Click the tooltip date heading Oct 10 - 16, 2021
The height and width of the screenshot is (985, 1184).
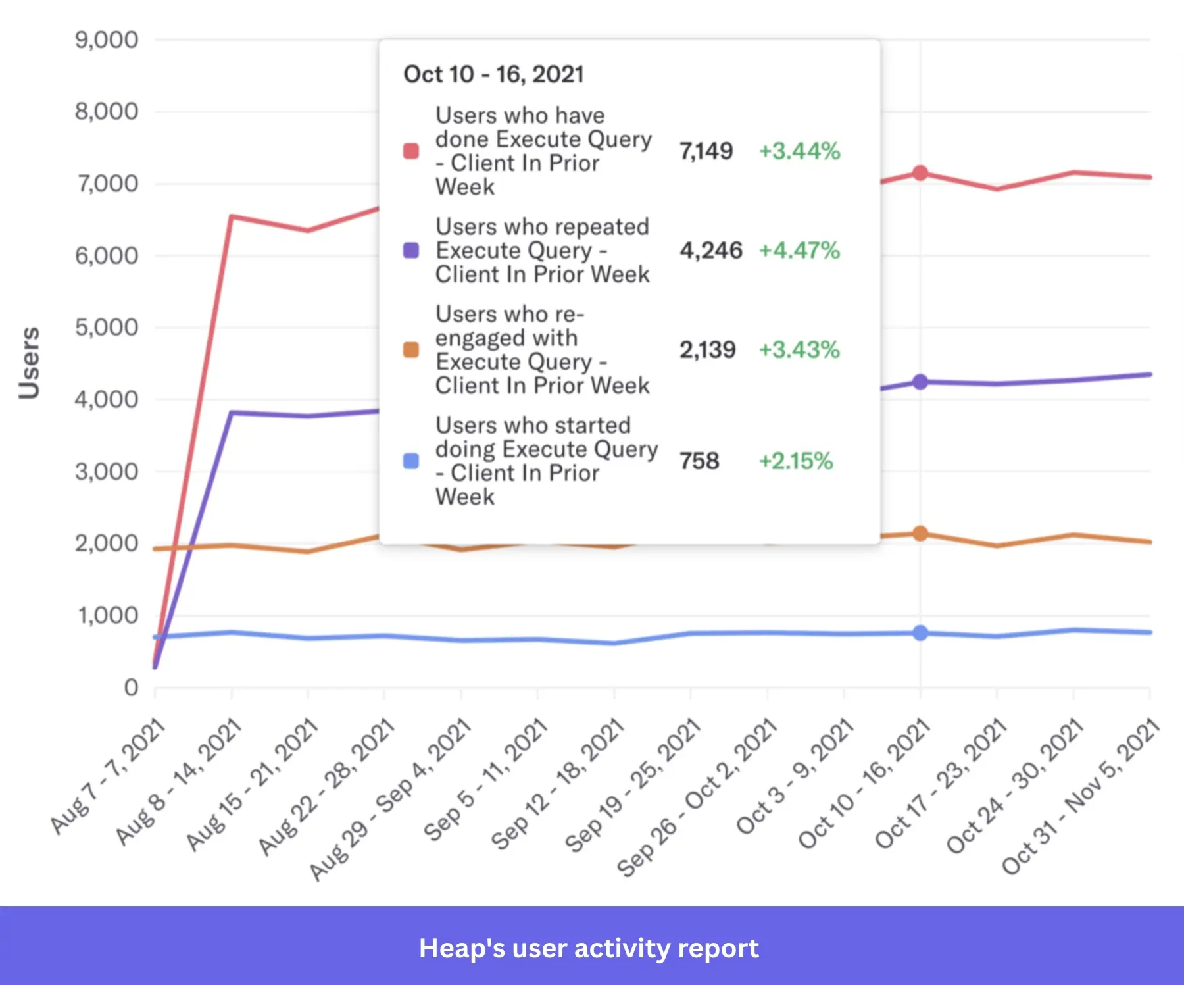[x=493, y=74]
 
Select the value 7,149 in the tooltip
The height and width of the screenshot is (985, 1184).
[x=706, y=151]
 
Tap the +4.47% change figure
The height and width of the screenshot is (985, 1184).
[x=799, y=251]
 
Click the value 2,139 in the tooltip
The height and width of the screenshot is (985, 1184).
[x=707, y=350]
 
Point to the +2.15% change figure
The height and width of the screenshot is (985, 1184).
[x=796, y=461]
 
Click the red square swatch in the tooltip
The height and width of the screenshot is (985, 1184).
[x=411, y=151]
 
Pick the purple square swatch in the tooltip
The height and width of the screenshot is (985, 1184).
[x=411, y=251]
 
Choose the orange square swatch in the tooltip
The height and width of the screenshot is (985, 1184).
[x=411, y=350]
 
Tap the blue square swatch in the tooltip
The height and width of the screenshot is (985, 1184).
[x=411, y=461]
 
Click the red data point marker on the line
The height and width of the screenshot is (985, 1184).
[x=920, y=173]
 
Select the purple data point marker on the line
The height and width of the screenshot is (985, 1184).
[x=920, y=382]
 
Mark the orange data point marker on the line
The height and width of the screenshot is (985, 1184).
[x=920, y=534]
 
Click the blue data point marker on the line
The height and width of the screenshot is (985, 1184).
[x=920, y=633]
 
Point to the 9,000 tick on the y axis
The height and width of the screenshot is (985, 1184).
[x=107, y=40]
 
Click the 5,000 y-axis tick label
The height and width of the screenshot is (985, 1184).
[x=107, y=327]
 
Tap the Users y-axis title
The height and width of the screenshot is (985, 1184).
[x=29, y=363]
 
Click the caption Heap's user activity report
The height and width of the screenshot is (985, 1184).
[x=589, y=948]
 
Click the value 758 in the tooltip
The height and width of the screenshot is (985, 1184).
[x=699, y=461]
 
